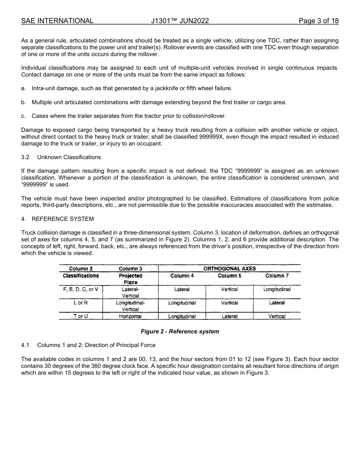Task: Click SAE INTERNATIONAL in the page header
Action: (57, 21)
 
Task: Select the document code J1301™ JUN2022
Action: (180, 21)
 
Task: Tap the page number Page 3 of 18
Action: (318, 21)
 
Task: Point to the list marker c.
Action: (23, 116)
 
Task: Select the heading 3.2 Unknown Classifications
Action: (61, 157)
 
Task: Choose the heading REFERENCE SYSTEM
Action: (63, 219)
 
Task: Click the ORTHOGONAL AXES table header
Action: (229, 268)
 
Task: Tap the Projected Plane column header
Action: (130, 279)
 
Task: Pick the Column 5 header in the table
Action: (229, 276)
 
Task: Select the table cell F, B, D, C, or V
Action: (80, 289)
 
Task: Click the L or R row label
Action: (80, 303)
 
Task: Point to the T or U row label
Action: (80, 316)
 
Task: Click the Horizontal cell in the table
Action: (130, 316)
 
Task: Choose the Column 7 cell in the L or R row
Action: (277, 303)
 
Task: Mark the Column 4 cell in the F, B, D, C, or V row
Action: (182, 289)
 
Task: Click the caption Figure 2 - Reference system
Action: (180, 332)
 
